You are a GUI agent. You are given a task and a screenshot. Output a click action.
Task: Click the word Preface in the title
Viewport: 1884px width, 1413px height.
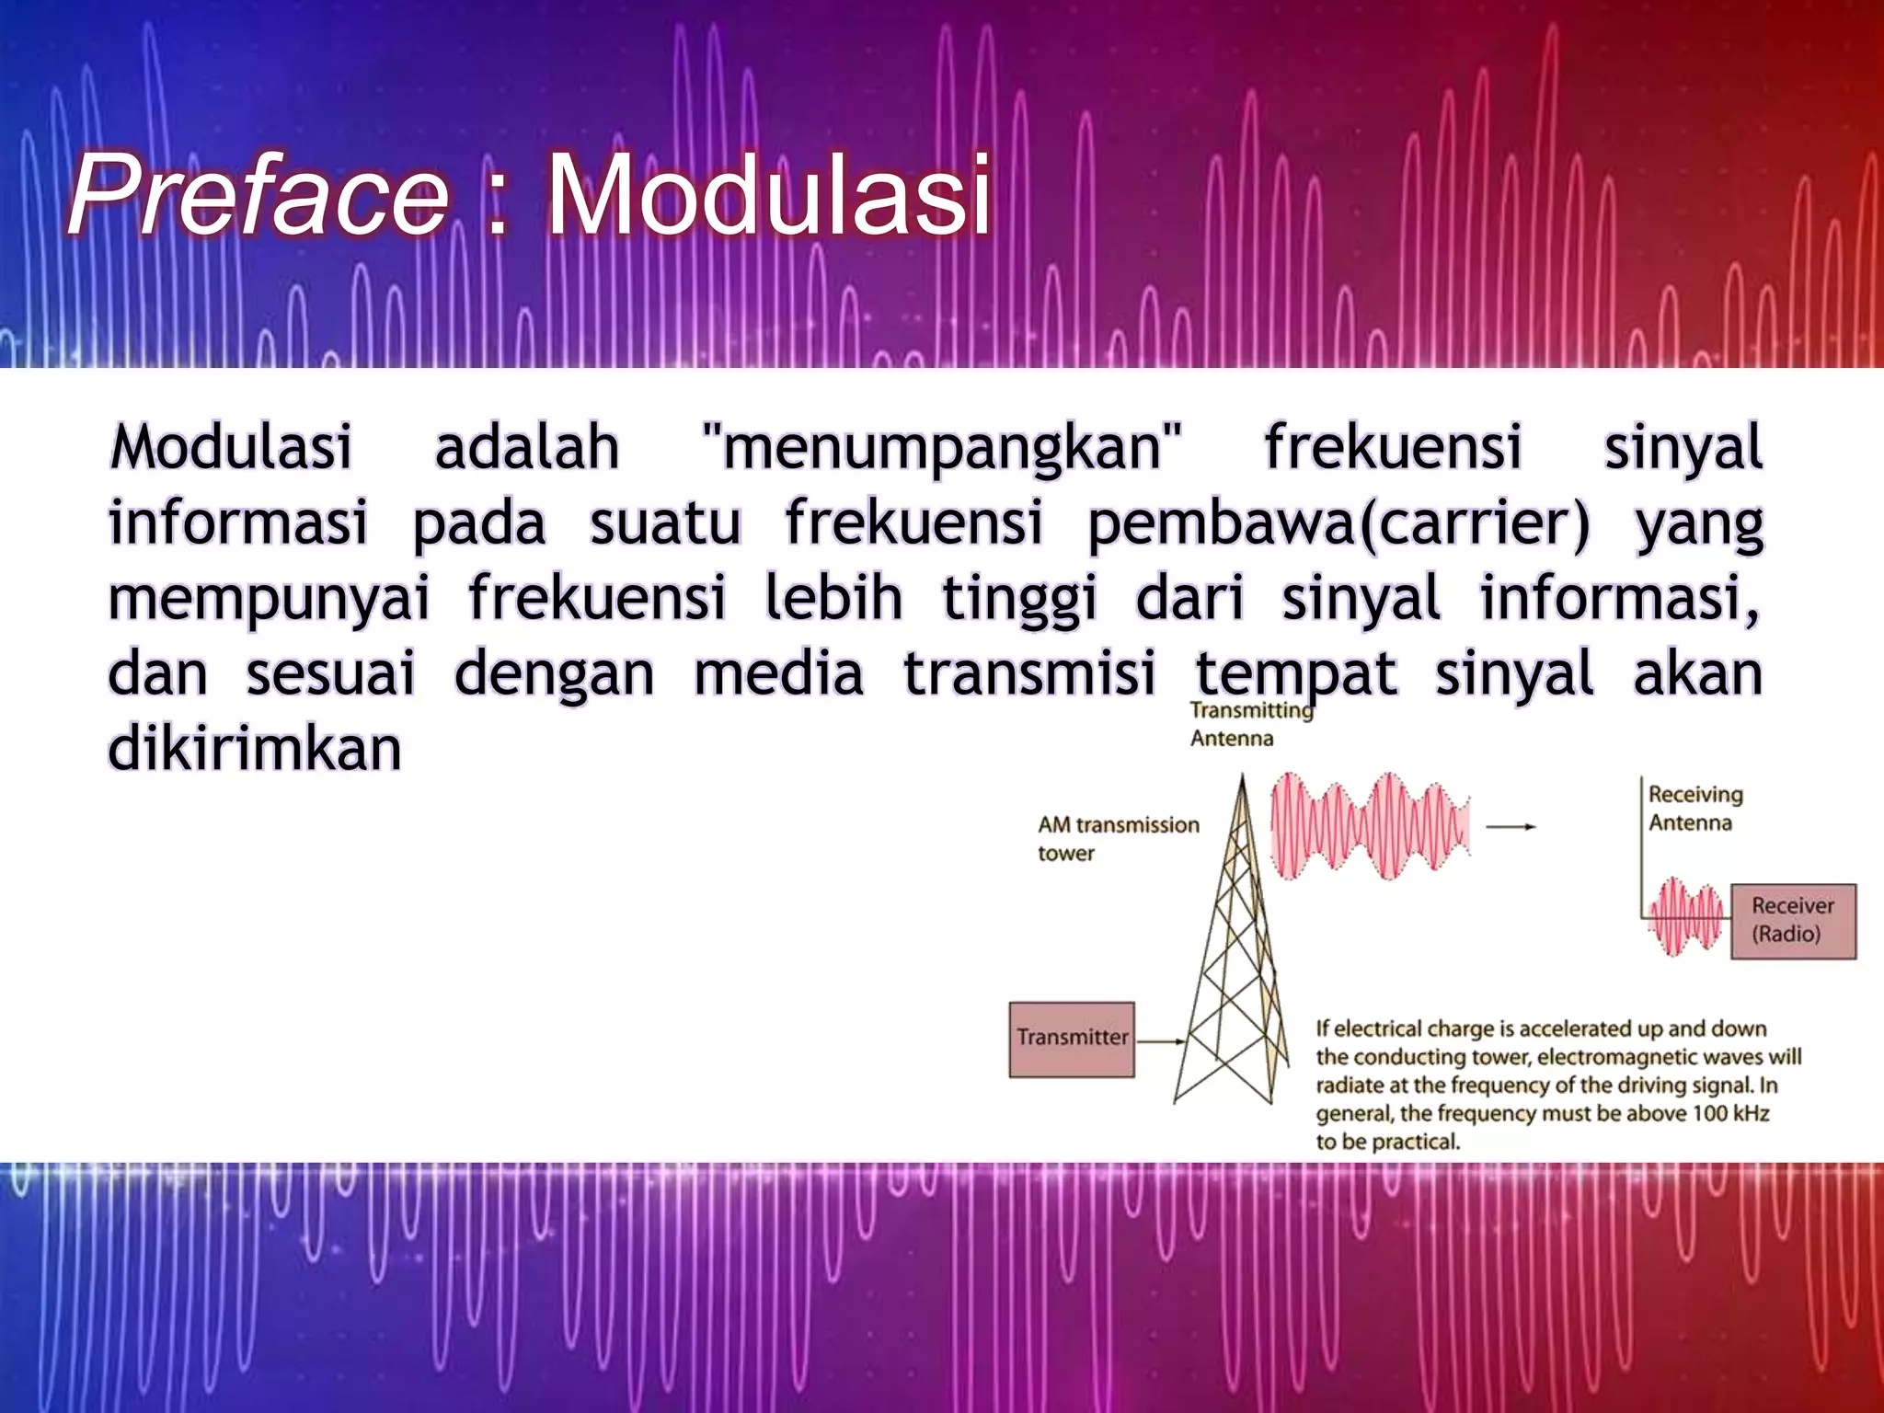tap(258, 196)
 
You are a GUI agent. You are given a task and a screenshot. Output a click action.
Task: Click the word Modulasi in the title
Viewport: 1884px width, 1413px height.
tap(769, 196)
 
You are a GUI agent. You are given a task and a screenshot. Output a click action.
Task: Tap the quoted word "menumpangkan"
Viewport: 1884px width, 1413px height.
tap(940, 447)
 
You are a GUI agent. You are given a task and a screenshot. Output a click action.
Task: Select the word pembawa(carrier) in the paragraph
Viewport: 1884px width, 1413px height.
tap(1338, 523)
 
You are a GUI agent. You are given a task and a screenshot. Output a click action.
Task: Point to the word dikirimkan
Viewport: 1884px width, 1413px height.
tap(255, 748)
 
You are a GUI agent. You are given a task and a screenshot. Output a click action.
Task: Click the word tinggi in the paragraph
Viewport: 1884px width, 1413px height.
tap(1019, 598)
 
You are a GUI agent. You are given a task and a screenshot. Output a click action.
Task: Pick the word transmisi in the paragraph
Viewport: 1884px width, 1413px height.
tap(1028, 673)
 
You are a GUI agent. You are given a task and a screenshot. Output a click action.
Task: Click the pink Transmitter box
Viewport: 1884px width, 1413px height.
tap(1072, 1040)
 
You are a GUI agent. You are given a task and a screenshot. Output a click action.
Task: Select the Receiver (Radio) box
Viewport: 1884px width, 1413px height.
tap(1793, 921)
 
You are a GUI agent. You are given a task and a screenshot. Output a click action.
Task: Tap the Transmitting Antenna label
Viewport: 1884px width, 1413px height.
tap(1250, 724)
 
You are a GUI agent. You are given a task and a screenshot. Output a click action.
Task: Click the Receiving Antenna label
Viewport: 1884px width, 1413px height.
tap(1694, 808)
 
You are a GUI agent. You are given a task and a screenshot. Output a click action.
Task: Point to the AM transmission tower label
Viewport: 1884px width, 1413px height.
tap(1118, 838)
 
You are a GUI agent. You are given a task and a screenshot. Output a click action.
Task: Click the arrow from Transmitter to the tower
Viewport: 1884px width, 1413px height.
tap(1161, 1042)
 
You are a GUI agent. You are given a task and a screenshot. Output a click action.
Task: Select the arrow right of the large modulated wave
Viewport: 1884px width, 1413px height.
tap(1511, 827)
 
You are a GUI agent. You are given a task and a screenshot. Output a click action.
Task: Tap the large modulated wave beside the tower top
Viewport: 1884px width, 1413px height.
tap(1370, 825)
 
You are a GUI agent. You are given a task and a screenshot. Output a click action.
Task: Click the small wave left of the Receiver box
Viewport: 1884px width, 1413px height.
tap(1685, 917)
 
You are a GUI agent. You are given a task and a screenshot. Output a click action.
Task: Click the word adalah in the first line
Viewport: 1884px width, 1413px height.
tap(526, 447)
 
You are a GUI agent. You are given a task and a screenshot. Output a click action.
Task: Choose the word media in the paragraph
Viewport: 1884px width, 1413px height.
tap(778, 673)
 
